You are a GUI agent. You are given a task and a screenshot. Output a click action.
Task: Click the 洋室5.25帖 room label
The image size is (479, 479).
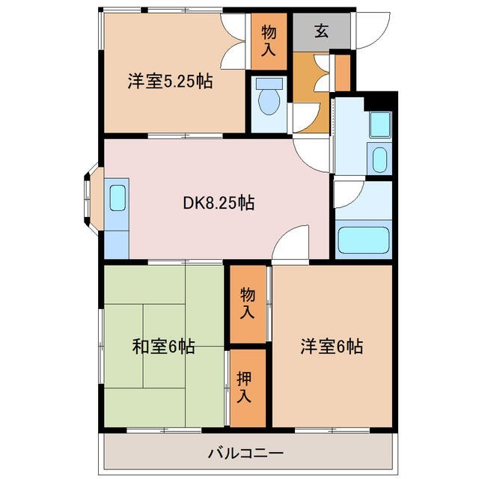click(x=170, y=82)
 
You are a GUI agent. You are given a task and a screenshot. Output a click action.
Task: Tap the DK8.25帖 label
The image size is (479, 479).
click(x=219, y=202)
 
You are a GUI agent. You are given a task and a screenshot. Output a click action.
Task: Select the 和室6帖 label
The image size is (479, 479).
click(x=164, y=347)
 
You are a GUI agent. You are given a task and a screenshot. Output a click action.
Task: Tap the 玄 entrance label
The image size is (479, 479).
click(x=321, y=31)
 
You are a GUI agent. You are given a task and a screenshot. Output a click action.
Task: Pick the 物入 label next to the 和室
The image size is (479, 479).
click(x=247, y=301)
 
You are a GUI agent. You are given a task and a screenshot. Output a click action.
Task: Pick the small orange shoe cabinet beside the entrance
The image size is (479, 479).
click(x=342, y=71)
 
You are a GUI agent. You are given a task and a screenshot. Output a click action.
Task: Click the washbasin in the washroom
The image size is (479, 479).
click(x=379, y=159)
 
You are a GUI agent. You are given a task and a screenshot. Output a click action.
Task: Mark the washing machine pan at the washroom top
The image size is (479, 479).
click(x=379, y=123)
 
